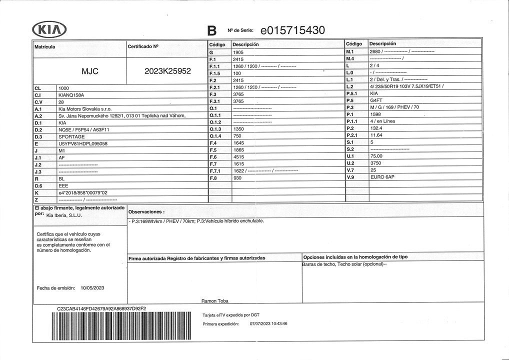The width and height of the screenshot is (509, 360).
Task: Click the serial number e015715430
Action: tap(293, 30)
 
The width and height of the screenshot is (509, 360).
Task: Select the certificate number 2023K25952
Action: tap(167, 71)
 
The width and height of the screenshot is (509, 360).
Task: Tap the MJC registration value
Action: tap(89, 71)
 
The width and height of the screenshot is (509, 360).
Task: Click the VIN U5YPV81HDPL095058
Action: tap(83, 143)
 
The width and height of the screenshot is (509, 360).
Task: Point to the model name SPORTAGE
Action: tap(71, 136)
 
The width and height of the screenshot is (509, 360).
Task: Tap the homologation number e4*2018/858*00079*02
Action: tap(83, 192)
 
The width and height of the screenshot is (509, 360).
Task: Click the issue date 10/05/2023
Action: tap(92, 287)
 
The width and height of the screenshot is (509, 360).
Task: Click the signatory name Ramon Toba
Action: tap(215, 301)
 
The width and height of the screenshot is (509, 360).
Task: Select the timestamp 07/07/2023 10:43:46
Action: tap(268, 323)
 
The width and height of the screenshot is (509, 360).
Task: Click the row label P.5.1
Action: tap(352, 93)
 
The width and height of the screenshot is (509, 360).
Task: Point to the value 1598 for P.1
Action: tap(375, 114)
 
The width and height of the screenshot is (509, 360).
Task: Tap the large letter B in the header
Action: tap(211, 31)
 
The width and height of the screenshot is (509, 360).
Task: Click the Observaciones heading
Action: tap(146, 211)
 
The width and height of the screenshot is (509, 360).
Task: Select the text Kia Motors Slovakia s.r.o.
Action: tap(85, 108)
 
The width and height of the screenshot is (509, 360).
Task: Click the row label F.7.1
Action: tap(215, 170)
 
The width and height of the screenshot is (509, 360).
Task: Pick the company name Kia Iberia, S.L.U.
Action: tap(64, 215)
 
